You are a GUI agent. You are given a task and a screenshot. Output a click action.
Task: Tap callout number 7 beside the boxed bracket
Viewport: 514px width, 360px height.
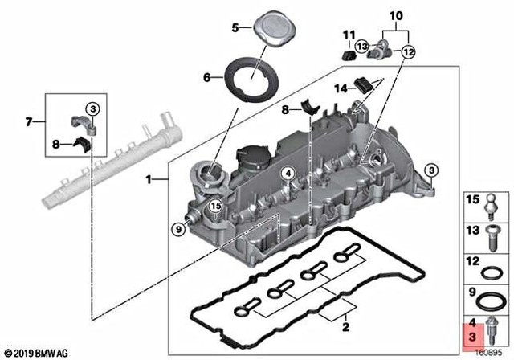30,122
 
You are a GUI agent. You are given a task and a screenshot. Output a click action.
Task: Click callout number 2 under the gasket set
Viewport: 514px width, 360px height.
345,328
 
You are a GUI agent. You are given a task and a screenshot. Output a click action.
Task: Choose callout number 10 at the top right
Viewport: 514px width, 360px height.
396,16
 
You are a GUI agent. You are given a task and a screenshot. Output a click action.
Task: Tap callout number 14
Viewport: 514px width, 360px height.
340,87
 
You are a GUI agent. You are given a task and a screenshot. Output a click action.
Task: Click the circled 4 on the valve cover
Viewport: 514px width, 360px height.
286,174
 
